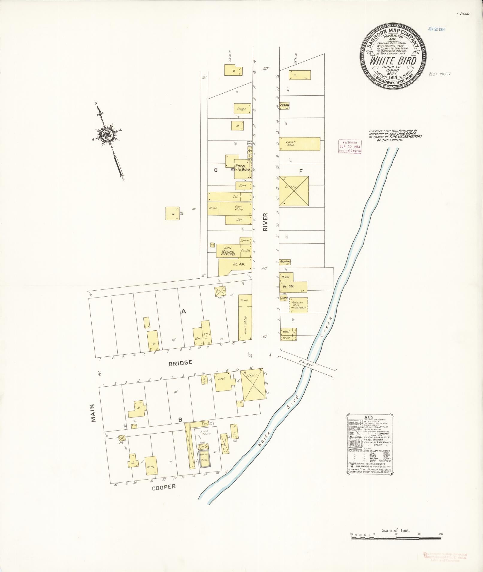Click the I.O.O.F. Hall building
point(299,144)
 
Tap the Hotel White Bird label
point(240,168)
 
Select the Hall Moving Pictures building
point(228,251)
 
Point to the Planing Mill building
point(299,305)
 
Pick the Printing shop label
point(285,262)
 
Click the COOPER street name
point(163,487)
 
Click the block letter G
point(215,170)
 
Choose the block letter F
point(301,171)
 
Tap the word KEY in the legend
point(369,417)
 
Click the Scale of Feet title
point(395,530)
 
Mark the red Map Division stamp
point(349,147)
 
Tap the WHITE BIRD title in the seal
point(393,61)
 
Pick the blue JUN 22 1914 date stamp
point(437,29)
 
